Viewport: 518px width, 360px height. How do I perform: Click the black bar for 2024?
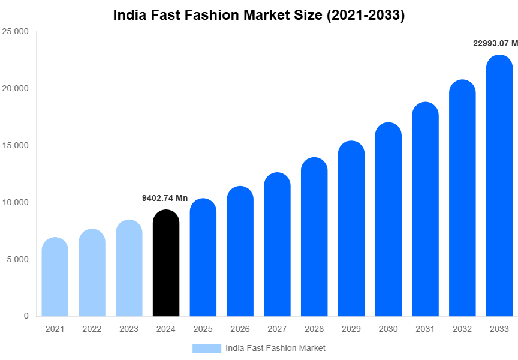[166, 264]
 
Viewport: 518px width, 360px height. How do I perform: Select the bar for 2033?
[499, 186]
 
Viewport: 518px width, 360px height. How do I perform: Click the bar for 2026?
[240, 251]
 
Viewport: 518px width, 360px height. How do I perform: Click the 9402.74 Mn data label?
[165, 198]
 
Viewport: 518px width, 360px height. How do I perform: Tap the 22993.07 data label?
[495, 43]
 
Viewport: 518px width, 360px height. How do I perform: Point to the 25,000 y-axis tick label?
[16, 31]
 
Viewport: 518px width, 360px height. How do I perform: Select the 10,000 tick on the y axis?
[16, 202]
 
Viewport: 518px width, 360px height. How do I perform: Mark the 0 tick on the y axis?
[26, 316]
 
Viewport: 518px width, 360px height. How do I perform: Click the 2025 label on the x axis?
[203, 329]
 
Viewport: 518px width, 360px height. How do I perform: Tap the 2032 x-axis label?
[462, 329]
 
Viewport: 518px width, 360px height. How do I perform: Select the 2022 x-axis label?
[92, 329]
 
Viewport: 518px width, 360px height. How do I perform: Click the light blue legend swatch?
[206, 348]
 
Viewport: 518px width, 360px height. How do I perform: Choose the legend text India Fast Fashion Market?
[275, 348]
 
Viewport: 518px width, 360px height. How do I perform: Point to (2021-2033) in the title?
[365, 16]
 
